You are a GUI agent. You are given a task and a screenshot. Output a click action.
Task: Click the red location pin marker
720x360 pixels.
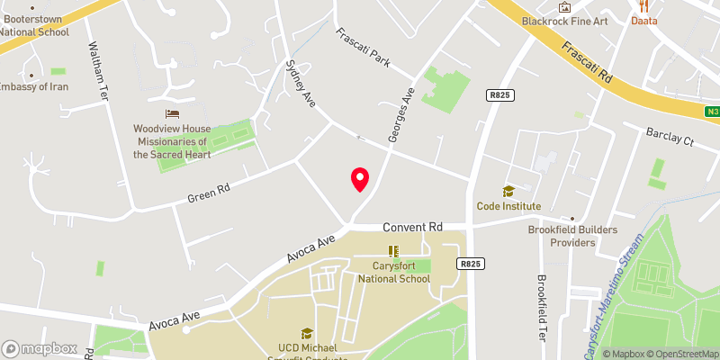[x=360, y=178]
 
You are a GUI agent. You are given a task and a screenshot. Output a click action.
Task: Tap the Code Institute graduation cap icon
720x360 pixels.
[x=508, y=191]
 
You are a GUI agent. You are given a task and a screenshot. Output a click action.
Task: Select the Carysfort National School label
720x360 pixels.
[x=393, y=272]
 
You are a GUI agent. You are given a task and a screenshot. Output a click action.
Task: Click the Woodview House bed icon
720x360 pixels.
[x=171, y=113]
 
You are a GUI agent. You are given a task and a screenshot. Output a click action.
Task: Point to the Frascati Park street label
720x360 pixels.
[x=364, y=49]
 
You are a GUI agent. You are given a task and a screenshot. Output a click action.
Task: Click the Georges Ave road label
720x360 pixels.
[x=400, y=114]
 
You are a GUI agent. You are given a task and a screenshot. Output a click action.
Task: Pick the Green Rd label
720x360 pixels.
[x=209, y=192]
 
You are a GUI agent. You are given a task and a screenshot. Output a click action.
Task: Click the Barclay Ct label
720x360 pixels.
[x=670, y=137]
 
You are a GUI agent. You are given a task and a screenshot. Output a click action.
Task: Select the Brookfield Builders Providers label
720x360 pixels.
[x=573, y=236]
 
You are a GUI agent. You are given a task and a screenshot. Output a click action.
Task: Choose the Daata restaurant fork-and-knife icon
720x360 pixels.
[x=643, y=5]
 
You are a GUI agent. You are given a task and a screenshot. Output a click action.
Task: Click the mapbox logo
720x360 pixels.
[x=40, y=348]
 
